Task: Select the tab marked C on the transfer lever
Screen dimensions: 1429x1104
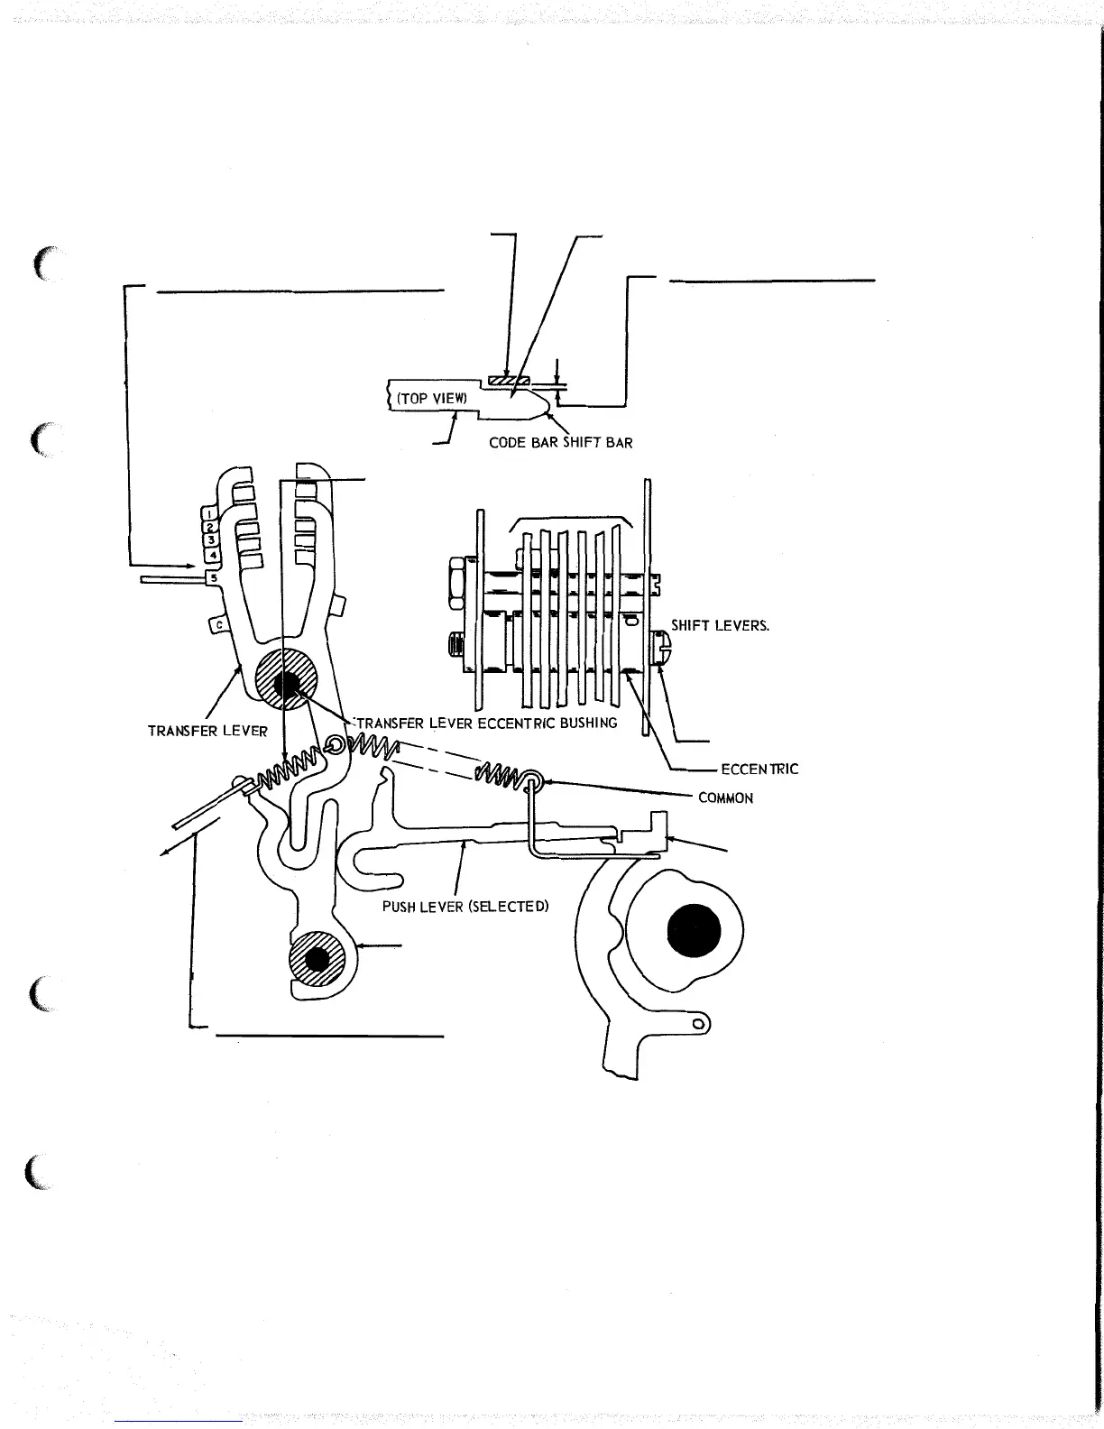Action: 217,623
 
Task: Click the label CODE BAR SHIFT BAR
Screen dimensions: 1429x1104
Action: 560,443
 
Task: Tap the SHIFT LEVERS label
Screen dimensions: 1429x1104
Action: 720,624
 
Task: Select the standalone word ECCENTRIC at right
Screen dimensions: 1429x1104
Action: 759,770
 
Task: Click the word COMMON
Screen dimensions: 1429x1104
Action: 726,798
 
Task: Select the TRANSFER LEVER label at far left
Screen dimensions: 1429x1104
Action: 207,731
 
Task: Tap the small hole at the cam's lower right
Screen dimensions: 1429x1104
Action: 697,1024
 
